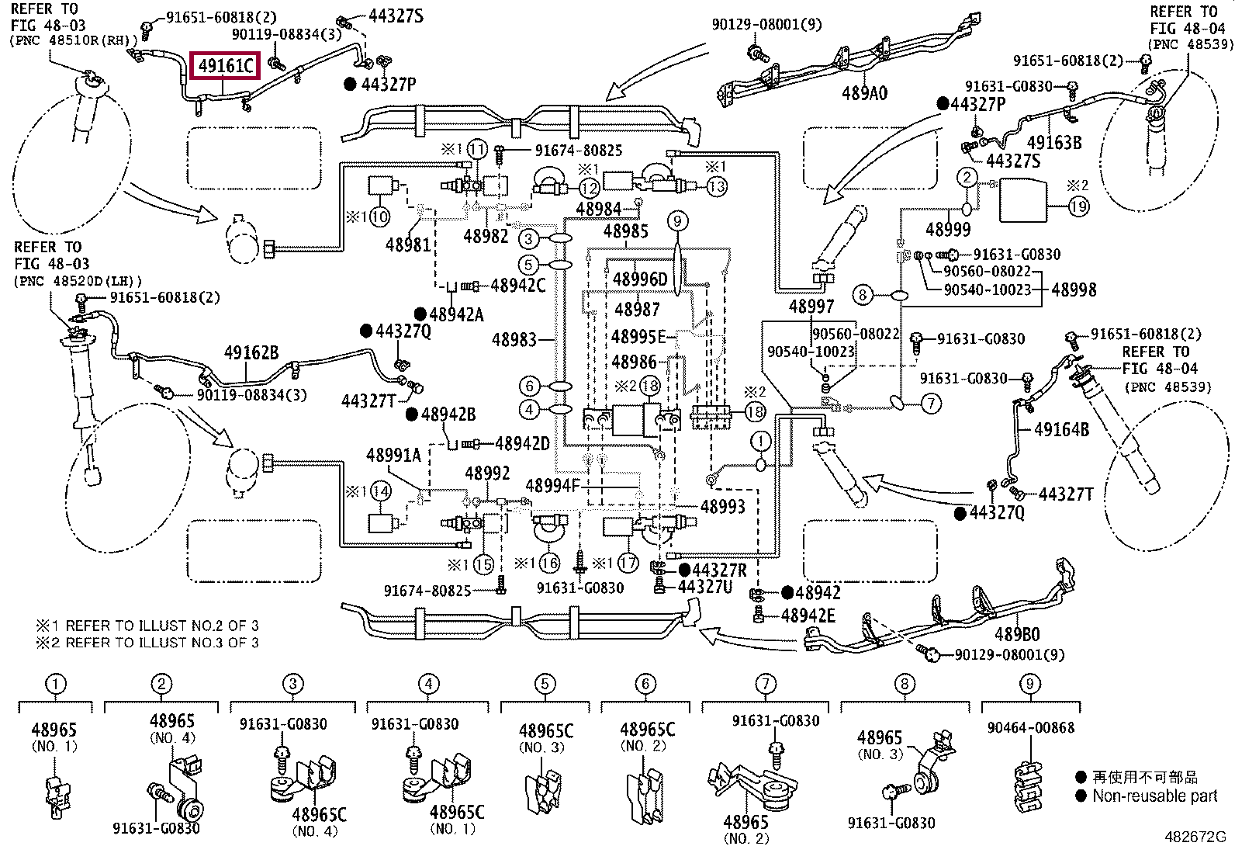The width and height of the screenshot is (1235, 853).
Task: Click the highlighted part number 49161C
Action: [225, 66]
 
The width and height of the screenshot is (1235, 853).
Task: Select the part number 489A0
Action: [864, 93]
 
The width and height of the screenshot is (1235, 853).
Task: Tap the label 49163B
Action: [1054, 142]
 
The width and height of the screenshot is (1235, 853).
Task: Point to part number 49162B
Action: [251, 352]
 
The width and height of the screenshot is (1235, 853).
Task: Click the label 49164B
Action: [1061, 429]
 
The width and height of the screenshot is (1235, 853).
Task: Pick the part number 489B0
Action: [1017, 634]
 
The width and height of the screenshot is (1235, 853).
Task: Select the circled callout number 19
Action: [1078, 206]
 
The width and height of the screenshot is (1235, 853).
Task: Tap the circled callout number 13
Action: [716, 186]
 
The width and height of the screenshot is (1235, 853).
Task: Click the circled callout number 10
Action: [379, 217]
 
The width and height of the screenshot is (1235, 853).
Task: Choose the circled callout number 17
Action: [628, 563]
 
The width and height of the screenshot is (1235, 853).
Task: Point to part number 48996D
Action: [639, 279]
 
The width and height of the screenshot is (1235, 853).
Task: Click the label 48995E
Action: [638, 336]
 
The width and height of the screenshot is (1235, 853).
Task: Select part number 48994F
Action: [553, 486]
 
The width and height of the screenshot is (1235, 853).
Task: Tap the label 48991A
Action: [393, 455]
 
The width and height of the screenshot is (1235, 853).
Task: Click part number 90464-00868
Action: [1030, 728]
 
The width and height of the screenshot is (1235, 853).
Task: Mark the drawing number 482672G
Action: [1195, 837]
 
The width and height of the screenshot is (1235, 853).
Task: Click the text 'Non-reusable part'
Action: [1154, 796]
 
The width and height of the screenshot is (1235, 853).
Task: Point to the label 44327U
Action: [704, 586]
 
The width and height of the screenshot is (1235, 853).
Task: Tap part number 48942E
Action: [808, 615]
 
